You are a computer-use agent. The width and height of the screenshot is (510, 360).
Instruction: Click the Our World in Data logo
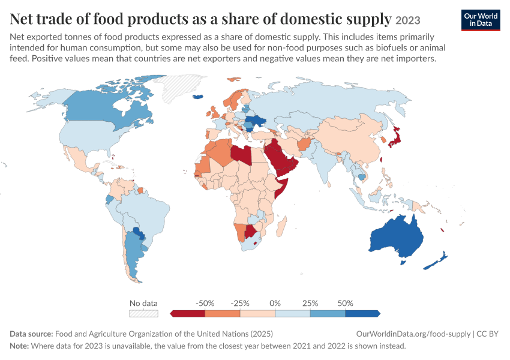tap(481, 20)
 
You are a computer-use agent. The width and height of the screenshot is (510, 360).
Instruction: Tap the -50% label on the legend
tap(205, 304)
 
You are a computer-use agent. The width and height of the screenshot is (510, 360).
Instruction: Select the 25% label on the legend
tap(310, 304)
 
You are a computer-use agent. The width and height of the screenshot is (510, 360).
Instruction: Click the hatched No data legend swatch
tap(143, 313)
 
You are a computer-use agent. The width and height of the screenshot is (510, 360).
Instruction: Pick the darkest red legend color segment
tap(188, 313)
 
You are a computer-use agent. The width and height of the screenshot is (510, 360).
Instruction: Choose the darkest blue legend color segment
tap(362, 313)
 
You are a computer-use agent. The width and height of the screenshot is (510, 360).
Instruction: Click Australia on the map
tap(397, 236)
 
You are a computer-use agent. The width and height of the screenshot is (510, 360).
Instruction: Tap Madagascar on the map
tap(281, 226)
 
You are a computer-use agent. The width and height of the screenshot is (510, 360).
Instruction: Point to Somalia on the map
tap(281, 188)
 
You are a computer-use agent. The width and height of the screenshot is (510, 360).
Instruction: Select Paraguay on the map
tap(138, 233)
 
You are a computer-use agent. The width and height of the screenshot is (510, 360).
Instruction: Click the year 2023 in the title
tap(408, 20)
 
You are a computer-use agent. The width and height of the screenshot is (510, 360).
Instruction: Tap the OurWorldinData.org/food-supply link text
tap(413, 334)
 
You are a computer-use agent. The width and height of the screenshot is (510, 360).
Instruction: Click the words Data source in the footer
tap(31, 334)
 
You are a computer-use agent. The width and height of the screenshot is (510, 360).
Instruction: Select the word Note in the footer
tap(19, 346)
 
